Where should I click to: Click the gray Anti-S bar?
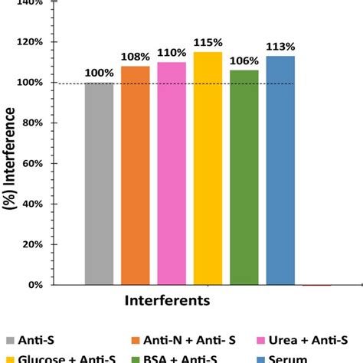[x=99, y=184]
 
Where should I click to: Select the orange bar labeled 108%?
[x=136, y=175]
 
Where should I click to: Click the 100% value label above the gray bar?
[x=99, y=73]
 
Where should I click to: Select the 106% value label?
[x=244, y=61]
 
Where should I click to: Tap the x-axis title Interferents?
[x=166, y=301]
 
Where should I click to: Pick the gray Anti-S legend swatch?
[x=9, y=342]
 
